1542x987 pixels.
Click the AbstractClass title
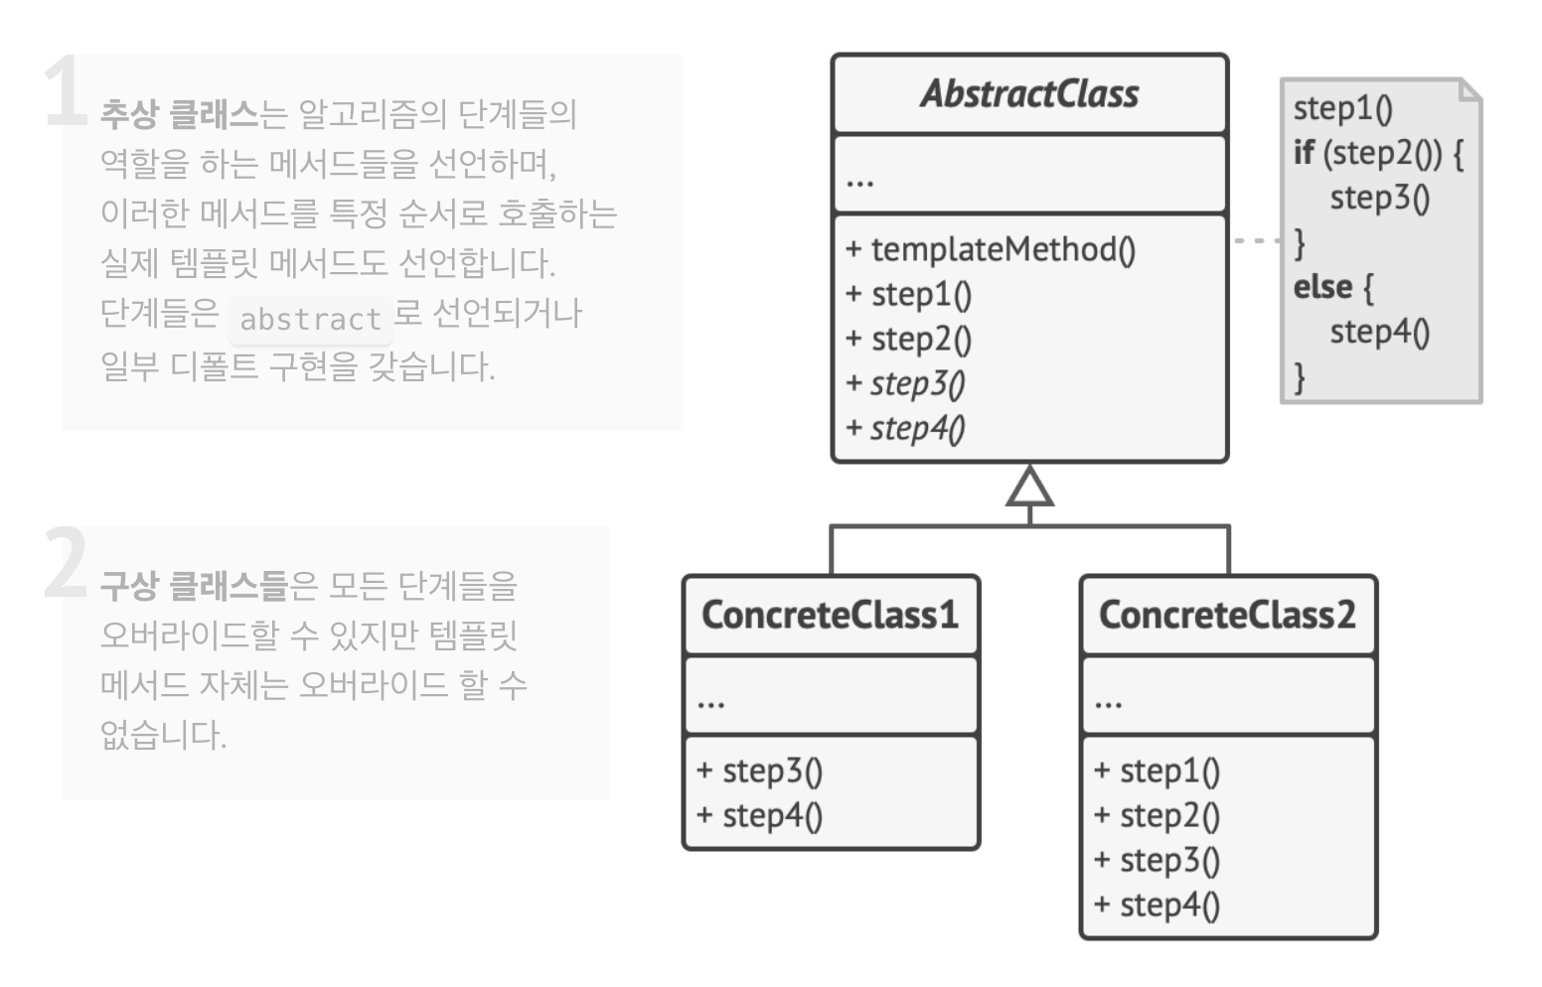coord(1030,93)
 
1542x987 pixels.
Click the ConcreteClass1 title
coord(831,615)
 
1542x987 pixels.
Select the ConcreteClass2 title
coord(1227,615)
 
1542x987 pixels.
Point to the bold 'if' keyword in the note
coord(1304,153)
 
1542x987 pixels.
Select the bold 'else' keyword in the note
coord(1323,287)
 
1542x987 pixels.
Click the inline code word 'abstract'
coord(310,319)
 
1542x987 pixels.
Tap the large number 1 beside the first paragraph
coord(66,91)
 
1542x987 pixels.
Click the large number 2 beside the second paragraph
coord(66,563)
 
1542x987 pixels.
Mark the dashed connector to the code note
coord(1256,240)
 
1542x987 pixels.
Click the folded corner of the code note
coord(1470,90)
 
